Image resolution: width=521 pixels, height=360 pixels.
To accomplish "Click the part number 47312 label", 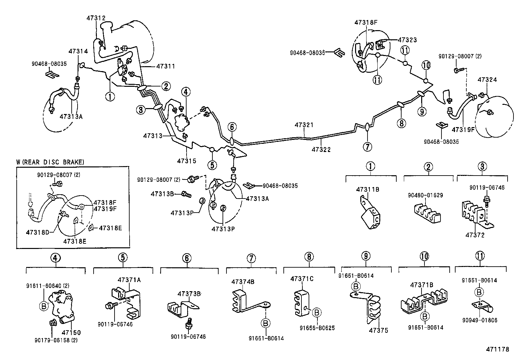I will [96, 18].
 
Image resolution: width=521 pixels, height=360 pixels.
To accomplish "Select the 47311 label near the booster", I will [165, 66].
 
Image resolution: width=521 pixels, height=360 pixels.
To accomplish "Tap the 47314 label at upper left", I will [78, 51].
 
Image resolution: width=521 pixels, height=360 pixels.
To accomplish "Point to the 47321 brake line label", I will [304, 125].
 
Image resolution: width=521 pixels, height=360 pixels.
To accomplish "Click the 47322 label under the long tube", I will [321, 150].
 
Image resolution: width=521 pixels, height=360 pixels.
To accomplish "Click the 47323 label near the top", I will [407, 40].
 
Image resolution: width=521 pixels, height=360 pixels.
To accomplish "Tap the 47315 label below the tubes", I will [187, 161].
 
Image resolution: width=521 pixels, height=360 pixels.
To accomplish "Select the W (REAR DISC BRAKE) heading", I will [50, 162].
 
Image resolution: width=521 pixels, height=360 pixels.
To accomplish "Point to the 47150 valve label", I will [71, 332].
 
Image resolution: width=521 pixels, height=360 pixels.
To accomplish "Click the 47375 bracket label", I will [378, 330].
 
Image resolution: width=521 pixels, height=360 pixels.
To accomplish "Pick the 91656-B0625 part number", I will [318, 328].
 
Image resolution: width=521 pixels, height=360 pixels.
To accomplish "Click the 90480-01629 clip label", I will [425, 195].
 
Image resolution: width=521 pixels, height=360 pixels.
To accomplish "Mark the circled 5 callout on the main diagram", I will [212, 165].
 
